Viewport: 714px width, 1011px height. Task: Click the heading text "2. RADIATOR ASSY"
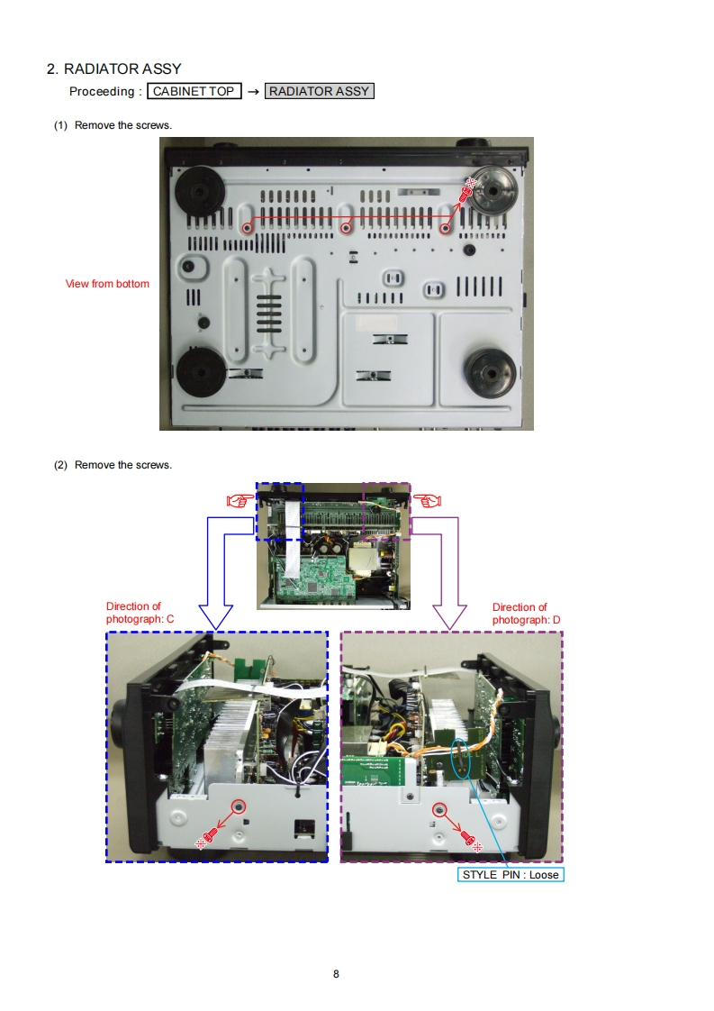113,68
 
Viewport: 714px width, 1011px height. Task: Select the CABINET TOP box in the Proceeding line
194,91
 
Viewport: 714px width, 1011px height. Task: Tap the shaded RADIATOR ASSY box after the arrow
319,91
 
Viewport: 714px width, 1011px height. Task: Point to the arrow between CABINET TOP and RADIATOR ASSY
253,91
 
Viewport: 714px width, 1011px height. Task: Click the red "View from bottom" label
107,284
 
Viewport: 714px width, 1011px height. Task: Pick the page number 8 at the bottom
336,974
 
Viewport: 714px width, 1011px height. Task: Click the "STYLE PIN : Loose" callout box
510,875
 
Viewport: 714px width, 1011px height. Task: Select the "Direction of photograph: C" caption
133,614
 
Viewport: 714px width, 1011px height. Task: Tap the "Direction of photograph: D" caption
520,614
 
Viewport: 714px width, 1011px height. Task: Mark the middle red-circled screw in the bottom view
347,228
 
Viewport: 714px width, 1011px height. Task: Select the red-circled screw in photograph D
439,809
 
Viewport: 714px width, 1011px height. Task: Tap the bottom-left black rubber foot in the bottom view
201,371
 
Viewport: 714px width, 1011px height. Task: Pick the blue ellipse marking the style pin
461,759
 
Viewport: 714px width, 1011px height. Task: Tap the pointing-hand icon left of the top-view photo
239,499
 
